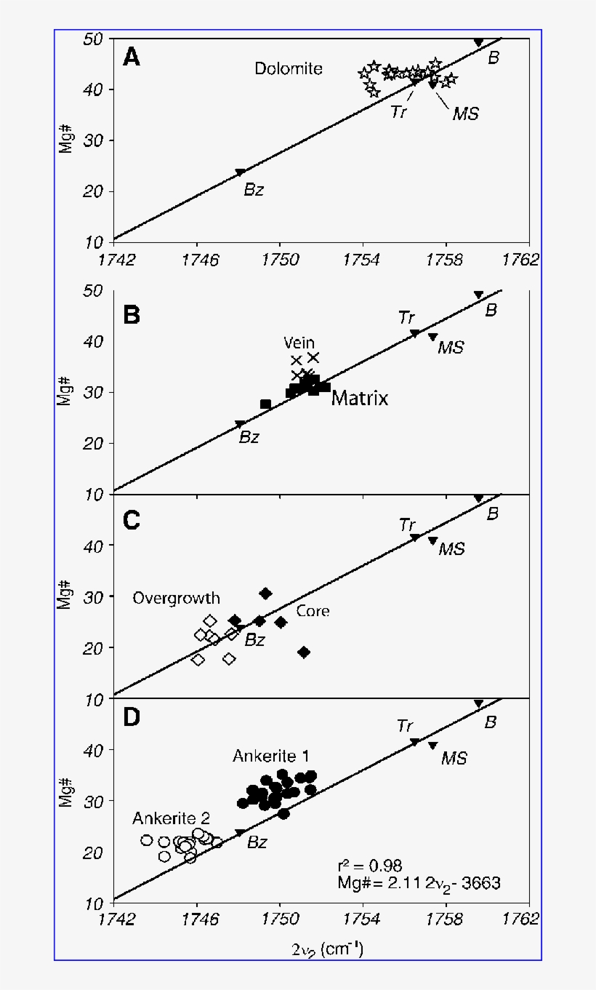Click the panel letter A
pos(132,57)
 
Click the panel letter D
pos(132,717)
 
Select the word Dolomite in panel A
pos(288,69)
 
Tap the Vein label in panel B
pos(298,343)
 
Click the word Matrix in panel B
pos(360,398)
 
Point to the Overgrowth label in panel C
pos(176,599)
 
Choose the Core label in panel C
pos(312,611)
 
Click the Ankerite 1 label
pos(271,757)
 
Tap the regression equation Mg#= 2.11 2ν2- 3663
pos(419,883)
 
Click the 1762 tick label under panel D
pos(525,919)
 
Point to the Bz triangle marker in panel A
pos(240,172)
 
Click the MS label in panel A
pos(465,113)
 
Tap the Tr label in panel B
pos(406,317)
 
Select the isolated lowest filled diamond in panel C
pos(304,652)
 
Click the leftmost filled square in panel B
pos(265,404)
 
